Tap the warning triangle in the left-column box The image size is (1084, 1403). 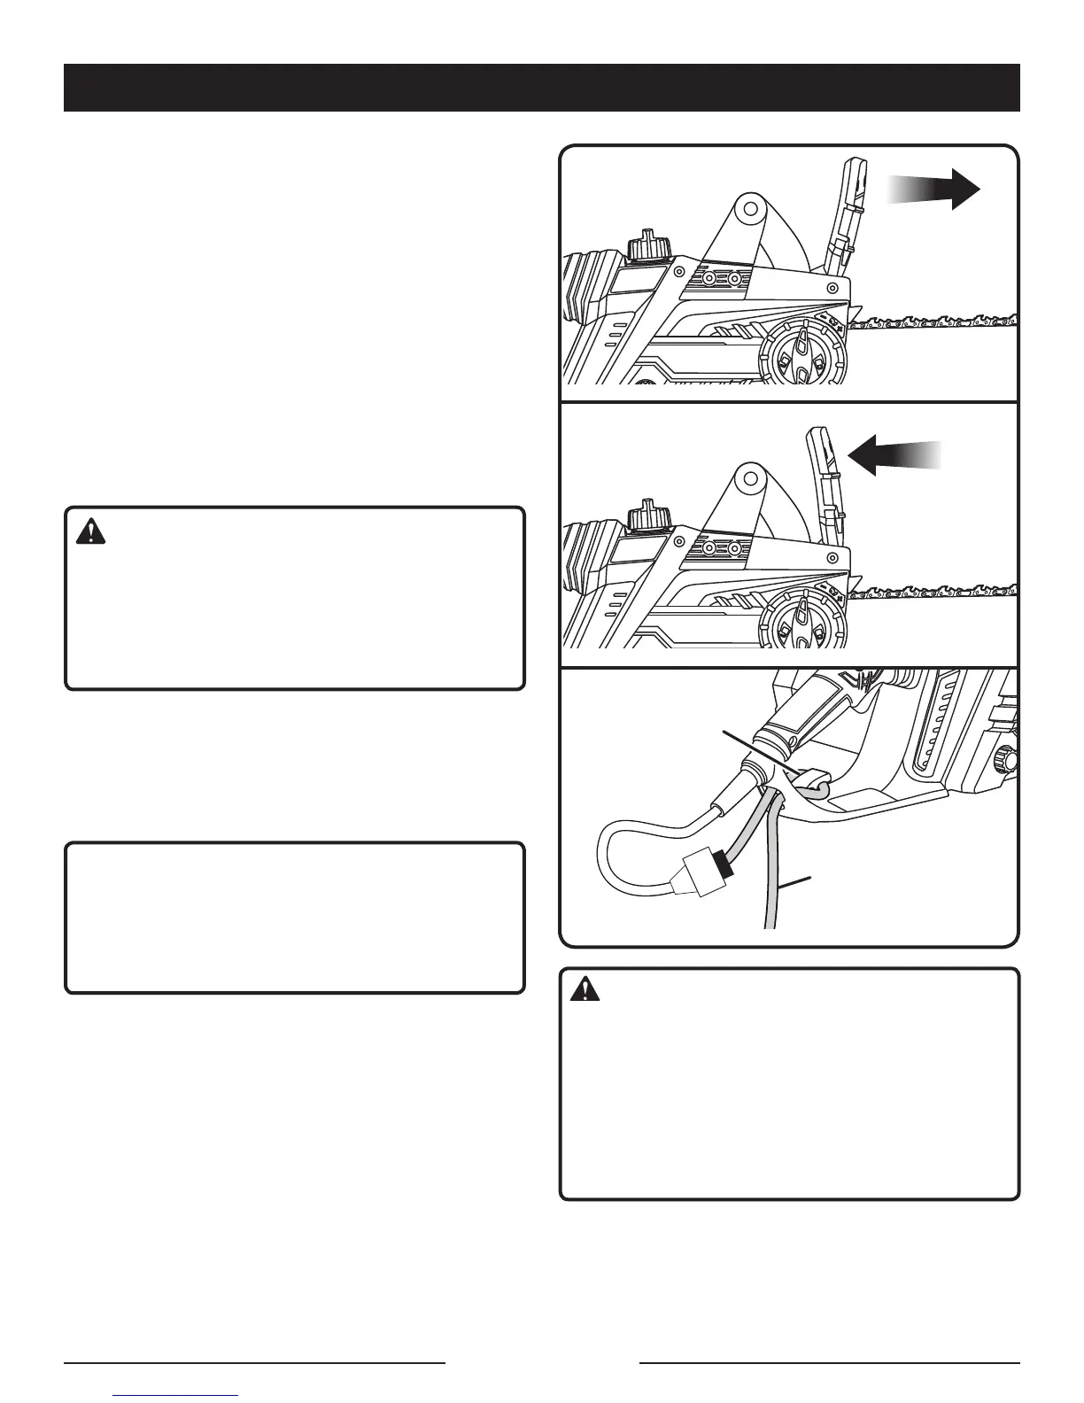coord(90,531)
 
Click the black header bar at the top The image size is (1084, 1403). coord(541,88)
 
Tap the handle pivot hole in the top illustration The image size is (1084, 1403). coord(750,210)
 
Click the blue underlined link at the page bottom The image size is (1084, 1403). coord(176,1396)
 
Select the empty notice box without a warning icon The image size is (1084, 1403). coord(295,918)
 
